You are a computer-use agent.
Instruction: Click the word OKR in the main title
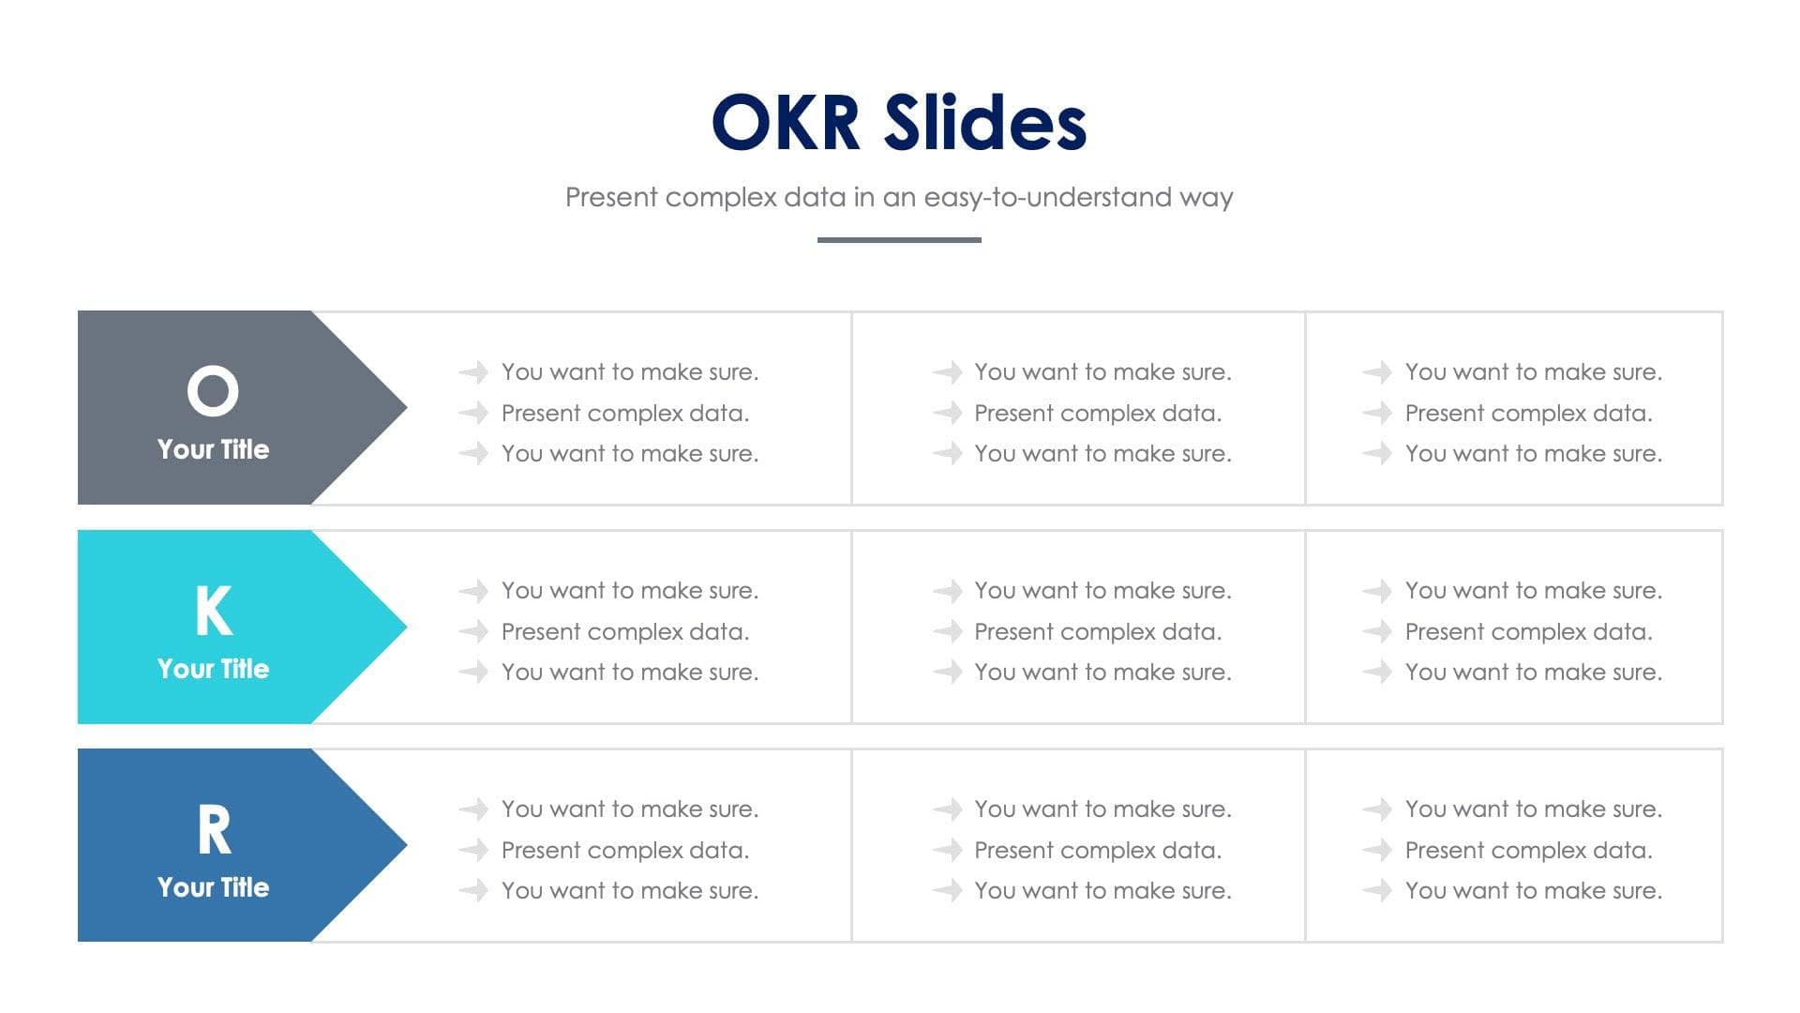tap(786, 122)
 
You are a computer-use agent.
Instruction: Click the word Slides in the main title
tap(984, 122)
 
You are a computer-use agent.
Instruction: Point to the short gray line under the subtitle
tap(899, 240)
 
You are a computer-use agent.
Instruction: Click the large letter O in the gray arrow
tap(213, 390)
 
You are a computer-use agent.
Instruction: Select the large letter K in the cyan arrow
tap(213, 610)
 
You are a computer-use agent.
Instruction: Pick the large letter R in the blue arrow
tap(214, 830)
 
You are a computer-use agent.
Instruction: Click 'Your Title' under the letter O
tap(213, 449)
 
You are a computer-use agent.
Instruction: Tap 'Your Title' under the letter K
tap(213, 669)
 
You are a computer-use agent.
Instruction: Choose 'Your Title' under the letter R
tap(213, 887)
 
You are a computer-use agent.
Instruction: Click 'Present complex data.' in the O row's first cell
tap(624, 413)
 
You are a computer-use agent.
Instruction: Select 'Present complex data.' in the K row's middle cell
tap(1097, 631)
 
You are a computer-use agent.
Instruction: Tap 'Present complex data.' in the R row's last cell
tap(1528, 850)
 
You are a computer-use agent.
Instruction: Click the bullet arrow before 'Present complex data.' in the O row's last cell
tap(1376, 413)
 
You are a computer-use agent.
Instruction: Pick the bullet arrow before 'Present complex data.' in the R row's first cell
tap(473, 850)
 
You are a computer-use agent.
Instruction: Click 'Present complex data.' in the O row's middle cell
tap(1097, 413)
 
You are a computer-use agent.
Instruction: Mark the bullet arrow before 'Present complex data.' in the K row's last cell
tap(1376, 631)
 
